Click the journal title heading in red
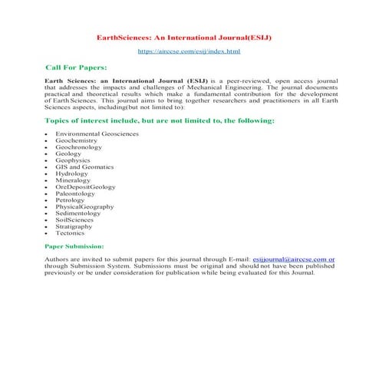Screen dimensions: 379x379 tap(189, 37)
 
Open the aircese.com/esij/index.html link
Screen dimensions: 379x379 tap(189, 51)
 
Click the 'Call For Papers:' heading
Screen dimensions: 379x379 tap(76, 68)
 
